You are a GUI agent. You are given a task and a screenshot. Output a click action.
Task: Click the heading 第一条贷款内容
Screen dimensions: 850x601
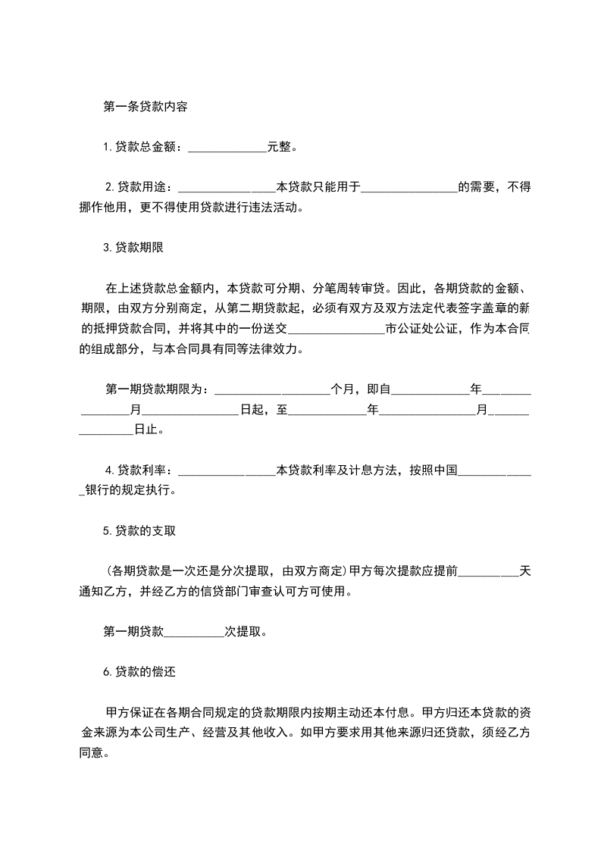point(145,107)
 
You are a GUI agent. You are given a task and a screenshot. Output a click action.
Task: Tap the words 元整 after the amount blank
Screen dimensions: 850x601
point(280,147)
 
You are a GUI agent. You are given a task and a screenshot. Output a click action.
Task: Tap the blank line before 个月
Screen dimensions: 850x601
point(272,391)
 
